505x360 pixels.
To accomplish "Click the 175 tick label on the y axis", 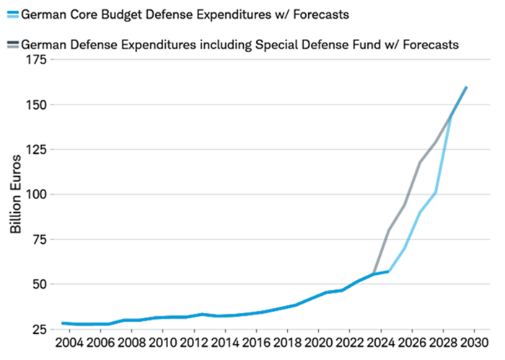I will point(36,60).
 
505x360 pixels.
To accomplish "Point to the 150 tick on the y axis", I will point(36,105).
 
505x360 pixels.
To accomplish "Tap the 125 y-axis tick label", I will point(36,149).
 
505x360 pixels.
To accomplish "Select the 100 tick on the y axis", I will point(36,194).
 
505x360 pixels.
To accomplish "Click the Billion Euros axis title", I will point(15,194).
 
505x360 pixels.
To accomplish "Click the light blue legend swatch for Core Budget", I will point(11,14).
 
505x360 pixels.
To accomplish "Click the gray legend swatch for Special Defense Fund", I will point(11,44).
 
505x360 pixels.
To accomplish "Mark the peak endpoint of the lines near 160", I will point(467,87).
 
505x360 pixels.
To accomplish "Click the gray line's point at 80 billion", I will point(389,230).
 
